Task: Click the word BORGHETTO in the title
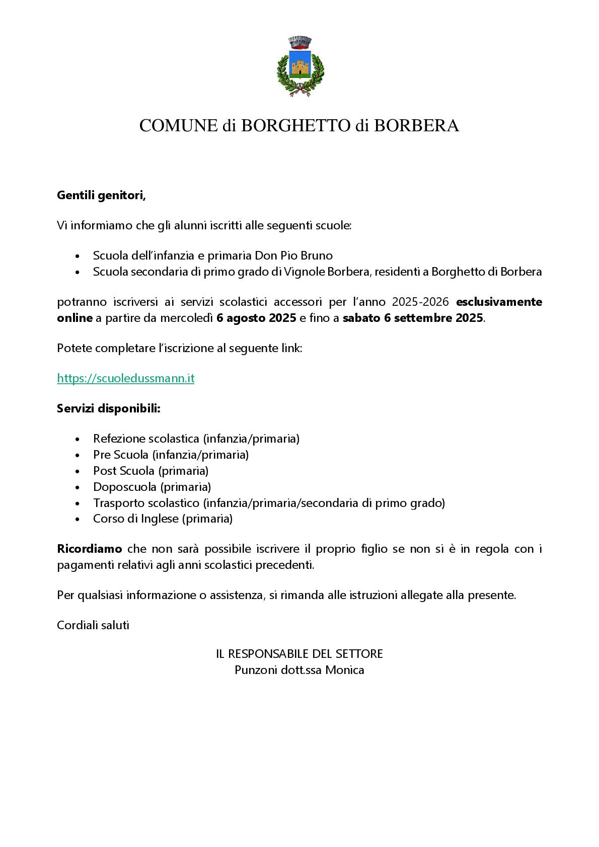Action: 295,126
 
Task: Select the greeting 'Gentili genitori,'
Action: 101,195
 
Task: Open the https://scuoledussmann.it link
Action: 126,378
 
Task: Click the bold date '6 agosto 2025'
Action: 256,318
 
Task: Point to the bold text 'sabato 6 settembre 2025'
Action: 413,318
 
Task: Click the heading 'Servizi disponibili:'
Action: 109,408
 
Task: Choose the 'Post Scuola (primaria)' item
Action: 151,471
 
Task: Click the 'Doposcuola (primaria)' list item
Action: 152,487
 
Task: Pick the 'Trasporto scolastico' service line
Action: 269,503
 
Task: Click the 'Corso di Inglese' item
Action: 163,519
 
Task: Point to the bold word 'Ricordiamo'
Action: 90,549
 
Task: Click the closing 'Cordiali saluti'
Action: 93,625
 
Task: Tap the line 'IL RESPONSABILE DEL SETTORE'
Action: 299,654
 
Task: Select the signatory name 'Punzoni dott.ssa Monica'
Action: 299,670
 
